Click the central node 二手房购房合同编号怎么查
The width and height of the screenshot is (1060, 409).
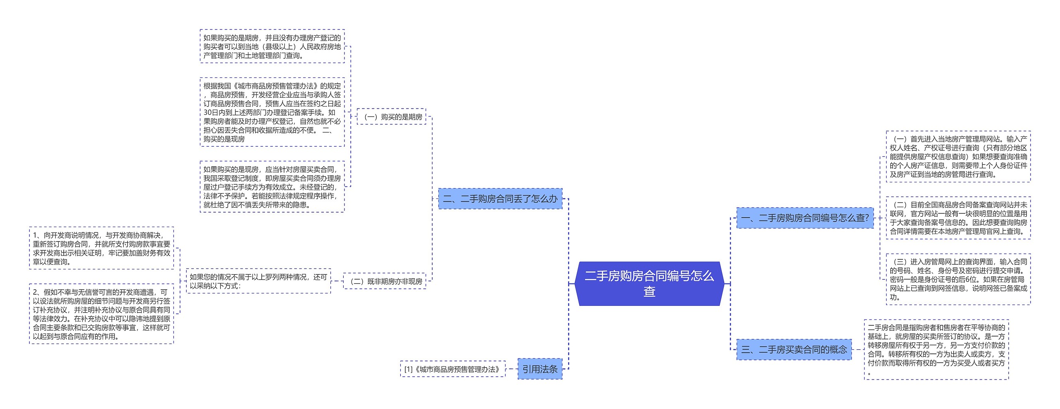click(649, 283)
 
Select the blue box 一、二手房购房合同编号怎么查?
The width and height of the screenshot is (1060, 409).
click(805, 218)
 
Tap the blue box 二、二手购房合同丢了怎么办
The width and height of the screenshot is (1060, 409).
click(500, 199)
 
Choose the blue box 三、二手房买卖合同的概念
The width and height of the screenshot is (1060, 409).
click(794, 349)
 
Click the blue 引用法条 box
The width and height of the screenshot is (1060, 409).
click(540, 369)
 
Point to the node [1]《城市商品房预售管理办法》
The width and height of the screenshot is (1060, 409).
click(453, 369)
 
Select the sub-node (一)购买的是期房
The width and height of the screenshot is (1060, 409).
click(391, 117)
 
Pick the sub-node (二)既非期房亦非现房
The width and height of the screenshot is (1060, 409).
click(385, 281)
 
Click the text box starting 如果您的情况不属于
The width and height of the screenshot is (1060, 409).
click(258, 281)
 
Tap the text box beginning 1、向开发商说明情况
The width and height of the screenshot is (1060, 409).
click(101, 248)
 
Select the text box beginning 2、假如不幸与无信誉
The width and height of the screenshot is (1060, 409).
click(101, 314)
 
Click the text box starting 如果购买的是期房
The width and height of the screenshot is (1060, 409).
click(272, 46)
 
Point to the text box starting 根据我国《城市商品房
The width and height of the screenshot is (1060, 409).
click(272, 112)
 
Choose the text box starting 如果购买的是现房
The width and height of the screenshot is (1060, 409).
click(272, 187)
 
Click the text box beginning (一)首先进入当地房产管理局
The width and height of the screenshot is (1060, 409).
click(958, 157)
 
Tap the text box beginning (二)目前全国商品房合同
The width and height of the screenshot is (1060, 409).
click(958, 218)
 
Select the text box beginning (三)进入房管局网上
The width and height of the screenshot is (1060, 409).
click(958, 279)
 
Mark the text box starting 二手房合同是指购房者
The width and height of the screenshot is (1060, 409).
click(936, 349)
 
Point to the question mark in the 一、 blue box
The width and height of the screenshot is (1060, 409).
click(867, 218)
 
